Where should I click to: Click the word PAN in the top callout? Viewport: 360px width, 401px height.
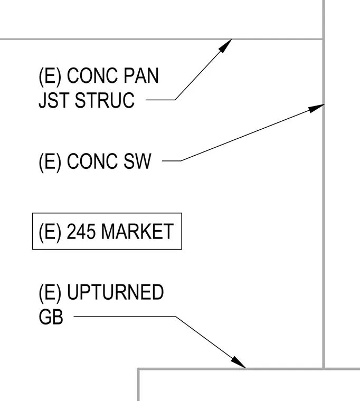[141, 75]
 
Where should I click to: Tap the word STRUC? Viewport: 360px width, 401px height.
[105, 100]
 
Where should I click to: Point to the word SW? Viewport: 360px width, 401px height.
[137, 161]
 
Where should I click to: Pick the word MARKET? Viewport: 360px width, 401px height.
[138, 232]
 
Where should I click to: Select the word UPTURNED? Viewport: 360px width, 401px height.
[115, 292]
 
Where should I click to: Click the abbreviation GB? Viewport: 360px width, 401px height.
[51, 317]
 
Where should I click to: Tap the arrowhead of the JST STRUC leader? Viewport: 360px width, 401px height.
[226, 46]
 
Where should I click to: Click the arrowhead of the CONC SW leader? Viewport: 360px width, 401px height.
[316, 108]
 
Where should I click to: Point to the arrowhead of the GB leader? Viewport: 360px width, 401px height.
[239, 363]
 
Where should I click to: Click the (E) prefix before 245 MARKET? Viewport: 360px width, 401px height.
[50, 232]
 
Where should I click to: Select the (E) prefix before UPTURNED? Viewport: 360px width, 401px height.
[50, 292]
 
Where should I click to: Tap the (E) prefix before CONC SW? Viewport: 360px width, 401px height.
[50, 161]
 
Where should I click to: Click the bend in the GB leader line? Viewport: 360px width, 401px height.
[176, 317]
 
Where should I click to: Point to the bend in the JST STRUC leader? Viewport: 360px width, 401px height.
[175, 100]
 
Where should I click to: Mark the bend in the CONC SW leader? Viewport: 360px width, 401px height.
[181, 161]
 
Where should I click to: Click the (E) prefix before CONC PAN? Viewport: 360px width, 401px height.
[50, 76]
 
